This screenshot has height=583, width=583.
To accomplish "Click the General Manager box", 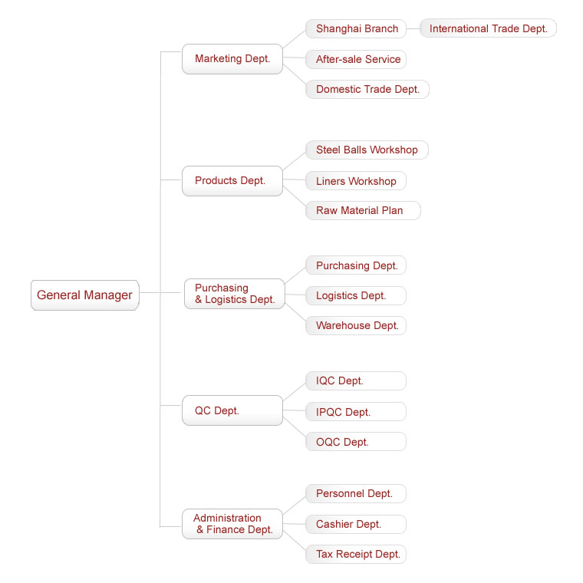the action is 85,295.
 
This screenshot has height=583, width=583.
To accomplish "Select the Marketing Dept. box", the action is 232,59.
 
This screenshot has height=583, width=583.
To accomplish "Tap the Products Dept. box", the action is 232,181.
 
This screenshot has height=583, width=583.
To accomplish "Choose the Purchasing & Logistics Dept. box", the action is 235,294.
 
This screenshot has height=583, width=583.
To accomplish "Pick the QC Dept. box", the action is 232,410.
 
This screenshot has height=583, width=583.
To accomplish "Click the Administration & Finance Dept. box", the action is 232,524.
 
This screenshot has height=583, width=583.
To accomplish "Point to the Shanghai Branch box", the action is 356,28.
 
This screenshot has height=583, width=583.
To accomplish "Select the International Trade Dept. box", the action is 488,28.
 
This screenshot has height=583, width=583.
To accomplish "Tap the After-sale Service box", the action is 356,60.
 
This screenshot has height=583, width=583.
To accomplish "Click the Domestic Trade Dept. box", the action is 367,89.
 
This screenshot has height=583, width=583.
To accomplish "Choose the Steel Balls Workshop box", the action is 367,150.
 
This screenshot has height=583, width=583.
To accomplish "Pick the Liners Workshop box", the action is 356,181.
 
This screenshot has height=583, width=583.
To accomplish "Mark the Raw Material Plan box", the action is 364,210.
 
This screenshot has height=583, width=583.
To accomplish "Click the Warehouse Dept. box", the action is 356,326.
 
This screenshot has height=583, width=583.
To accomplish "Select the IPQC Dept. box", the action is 356,412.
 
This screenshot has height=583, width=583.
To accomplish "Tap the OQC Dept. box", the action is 356,442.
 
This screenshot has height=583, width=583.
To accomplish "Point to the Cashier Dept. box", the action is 356,524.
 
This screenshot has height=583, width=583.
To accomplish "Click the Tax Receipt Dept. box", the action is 356,554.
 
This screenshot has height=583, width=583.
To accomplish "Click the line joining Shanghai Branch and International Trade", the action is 413,28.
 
